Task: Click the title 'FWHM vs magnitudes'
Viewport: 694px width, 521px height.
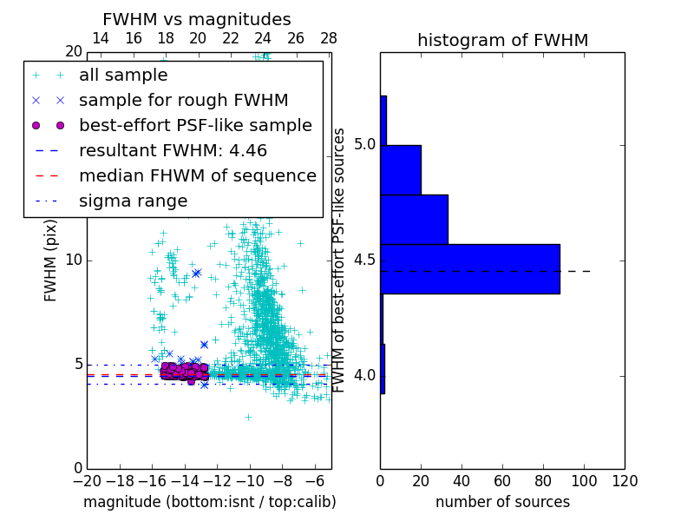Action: pos(196,19)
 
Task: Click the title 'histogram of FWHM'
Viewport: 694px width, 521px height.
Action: pos(502,40)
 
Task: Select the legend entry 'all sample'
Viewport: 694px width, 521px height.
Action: pos(123,76)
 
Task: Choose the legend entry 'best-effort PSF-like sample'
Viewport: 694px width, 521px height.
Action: pos(195,125)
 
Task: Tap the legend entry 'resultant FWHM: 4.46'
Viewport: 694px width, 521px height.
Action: pos(173,150)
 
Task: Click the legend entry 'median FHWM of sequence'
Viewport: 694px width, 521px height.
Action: pos(197,175)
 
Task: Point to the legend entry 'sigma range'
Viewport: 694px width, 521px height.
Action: pos(133,201)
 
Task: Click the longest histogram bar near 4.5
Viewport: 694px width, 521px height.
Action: pos(469,268)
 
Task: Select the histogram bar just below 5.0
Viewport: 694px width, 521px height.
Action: pos(401,169)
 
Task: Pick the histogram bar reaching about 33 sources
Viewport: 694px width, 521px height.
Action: pos(414,219)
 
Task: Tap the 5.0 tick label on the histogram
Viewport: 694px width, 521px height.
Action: pos(365,143)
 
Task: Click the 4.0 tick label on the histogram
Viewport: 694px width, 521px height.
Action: pos(365,375)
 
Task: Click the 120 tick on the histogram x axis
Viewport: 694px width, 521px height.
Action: pos(625,480)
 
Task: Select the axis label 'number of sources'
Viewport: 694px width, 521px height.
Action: pos(502,502)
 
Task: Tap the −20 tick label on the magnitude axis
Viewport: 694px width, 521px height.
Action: pos(87,480)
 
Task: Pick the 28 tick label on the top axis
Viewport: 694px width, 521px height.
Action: pos(329,38)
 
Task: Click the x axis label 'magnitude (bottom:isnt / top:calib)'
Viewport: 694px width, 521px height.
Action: pos(209,502)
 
